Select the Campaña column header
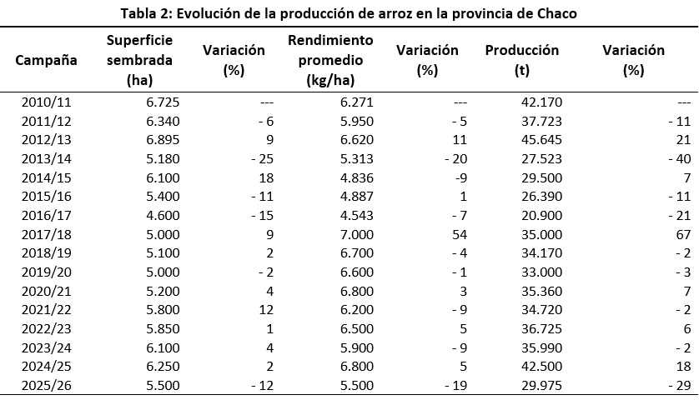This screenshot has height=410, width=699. coord(46,60)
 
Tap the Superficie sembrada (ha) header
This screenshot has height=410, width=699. coord(139,60)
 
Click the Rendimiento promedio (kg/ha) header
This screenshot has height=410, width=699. coord(330,60)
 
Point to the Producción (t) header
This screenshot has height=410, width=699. coord(522,60)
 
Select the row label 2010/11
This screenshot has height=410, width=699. coord(47,102)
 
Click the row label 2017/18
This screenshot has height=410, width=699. coord(47,235)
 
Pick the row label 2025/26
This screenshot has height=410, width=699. coord(47,385)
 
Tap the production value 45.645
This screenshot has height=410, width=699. coord(541,140)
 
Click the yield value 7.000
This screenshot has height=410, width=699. coord(357,235)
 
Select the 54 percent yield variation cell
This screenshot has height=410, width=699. coord(459,235)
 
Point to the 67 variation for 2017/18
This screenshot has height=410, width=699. coord(683,235)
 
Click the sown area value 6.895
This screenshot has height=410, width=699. coord(163,140)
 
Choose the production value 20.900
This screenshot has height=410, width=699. coord(541,216)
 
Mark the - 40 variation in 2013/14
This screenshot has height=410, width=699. coord(680,159)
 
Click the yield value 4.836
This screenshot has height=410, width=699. coord(357,178)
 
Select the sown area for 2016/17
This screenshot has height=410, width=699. coord(163,216)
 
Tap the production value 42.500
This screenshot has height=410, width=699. coord(541,367)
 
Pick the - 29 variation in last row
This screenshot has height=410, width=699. coord(680,385)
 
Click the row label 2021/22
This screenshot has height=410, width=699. coord(47,310)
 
